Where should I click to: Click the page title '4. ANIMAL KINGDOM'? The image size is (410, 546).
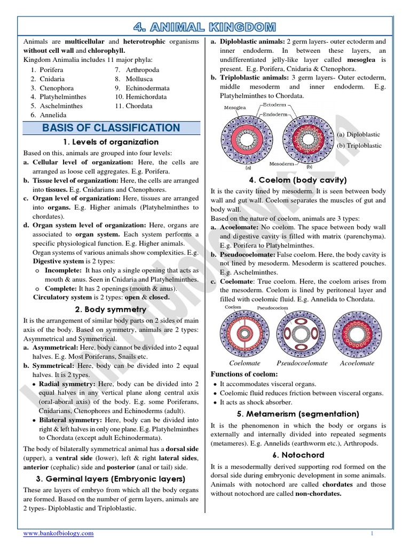pyautogui.click(x=205, y=27)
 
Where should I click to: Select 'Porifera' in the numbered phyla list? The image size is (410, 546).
pyautogui.click(x=51, y=70)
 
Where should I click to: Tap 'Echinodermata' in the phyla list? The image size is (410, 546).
pyautogui.click(x=148, y=88)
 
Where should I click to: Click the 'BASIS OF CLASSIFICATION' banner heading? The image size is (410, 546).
pyautogui.click(x=111, y=128)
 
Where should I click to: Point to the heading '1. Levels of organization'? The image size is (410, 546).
pyautogui.click(x=111, y=142)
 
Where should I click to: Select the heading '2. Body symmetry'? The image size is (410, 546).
pyautogui.click(x=111, y=309)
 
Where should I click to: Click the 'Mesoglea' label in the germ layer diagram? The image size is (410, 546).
pyautogui.click(x=231, y=107)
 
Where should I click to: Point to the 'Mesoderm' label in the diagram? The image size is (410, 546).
pyautogui.click(x=280, y=164)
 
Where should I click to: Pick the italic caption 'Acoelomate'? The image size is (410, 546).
pyautogui.click(x=357, y=363)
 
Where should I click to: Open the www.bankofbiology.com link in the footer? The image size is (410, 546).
pyautogui.click(x=58, y=533)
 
